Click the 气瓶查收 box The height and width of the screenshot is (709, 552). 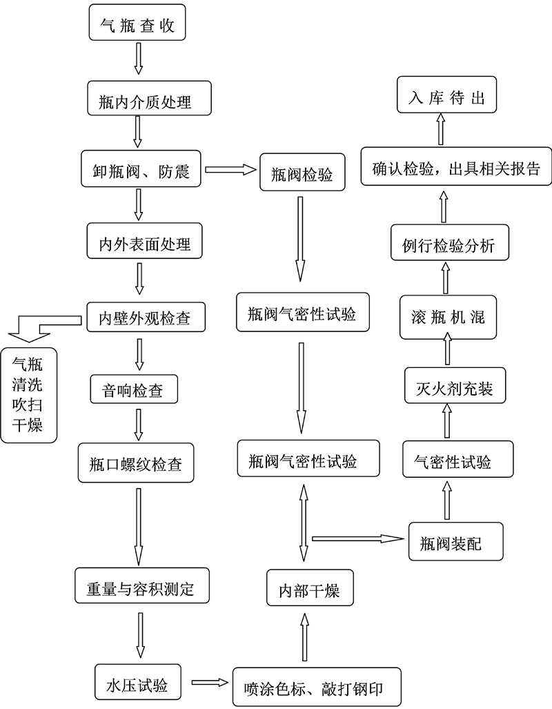138,24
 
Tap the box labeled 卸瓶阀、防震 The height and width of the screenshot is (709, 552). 140,170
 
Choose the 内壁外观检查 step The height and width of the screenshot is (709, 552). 144,318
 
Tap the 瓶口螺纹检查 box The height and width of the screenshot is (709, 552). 137,463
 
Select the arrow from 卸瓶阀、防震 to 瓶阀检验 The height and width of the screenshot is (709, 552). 230,169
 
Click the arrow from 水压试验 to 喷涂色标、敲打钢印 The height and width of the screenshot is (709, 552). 210,683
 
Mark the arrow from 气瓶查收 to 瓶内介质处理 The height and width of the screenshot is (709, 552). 138,59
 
